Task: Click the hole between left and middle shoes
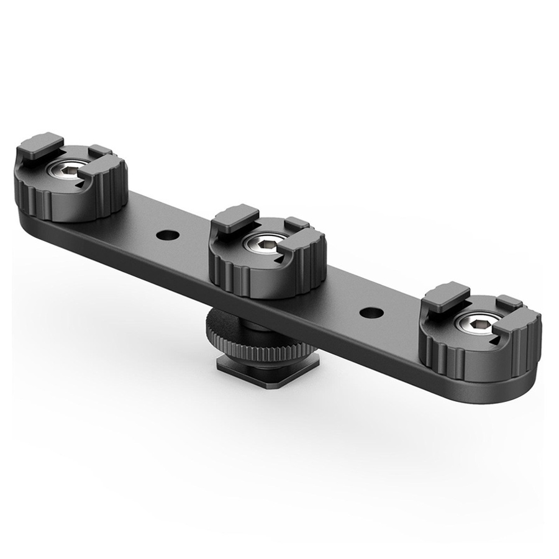tap(166, 235)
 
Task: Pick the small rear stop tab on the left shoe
tap(99, 150)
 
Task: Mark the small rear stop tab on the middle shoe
tap(296, 222)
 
